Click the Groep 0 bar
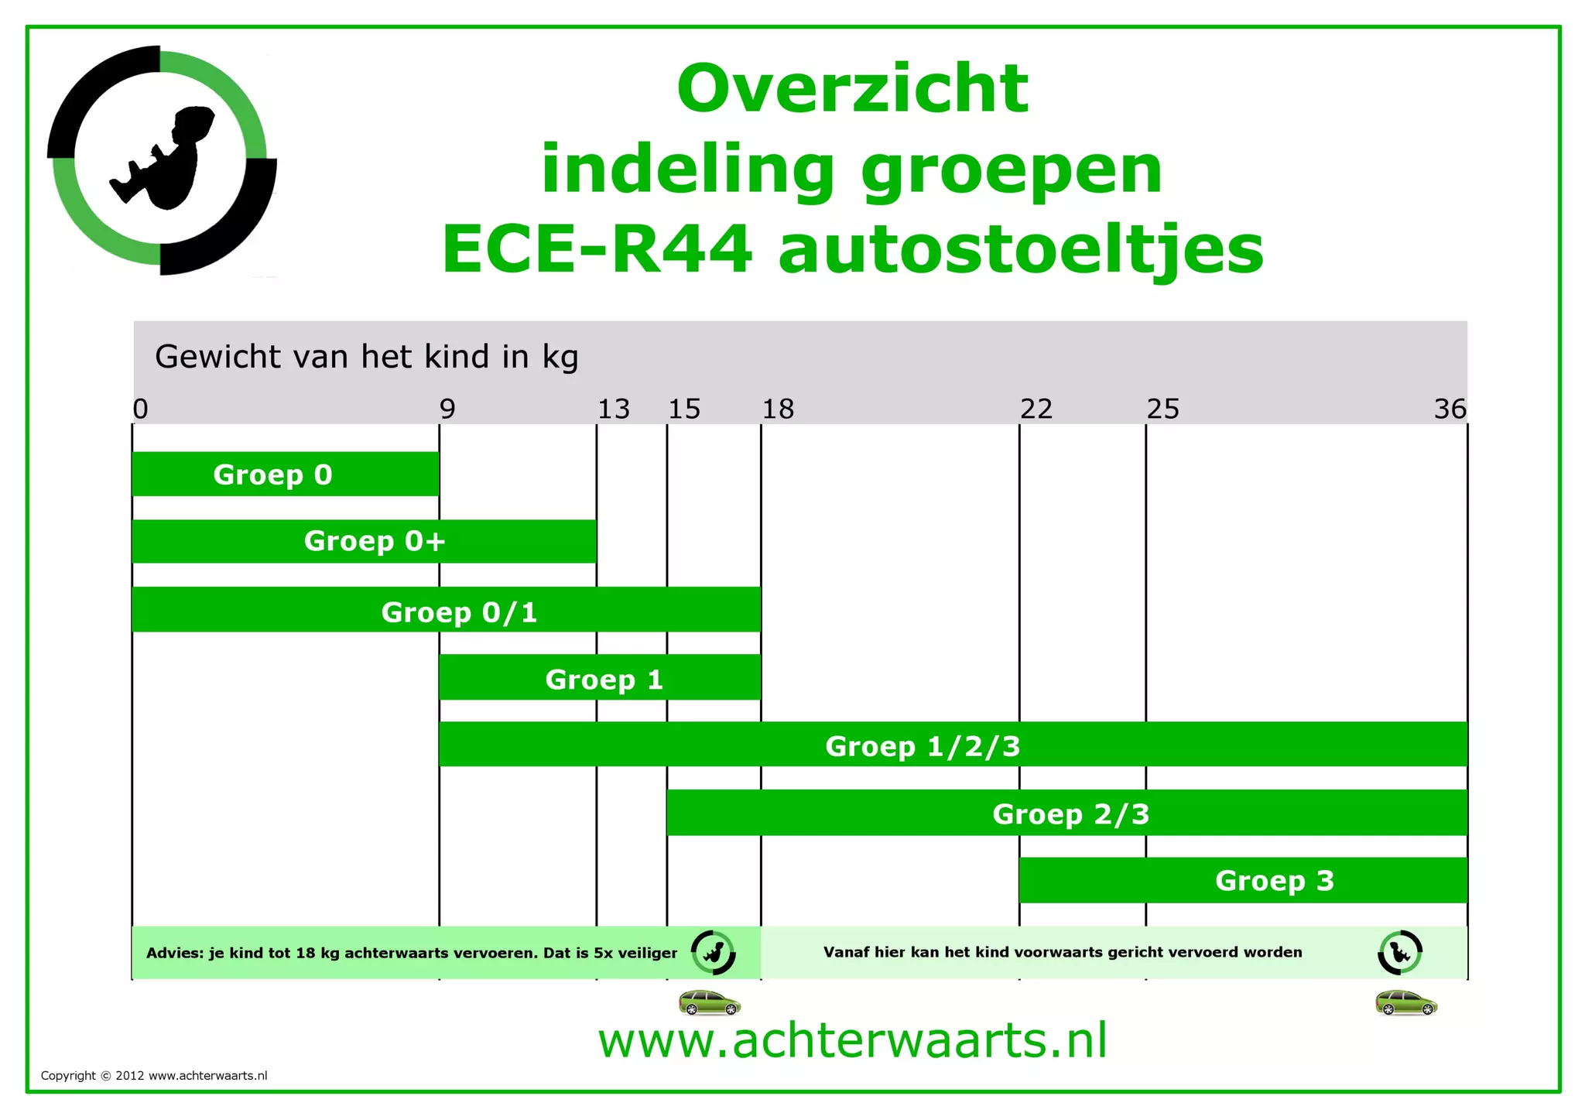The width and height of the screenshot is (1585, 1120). pyautogui.click(x=285, y=474)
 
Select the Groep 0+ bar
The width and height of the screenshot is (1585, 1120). pyautogui.click(x=364, y=541)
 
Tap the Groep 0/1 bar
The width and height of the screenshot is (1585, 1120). pyautogui.click(x=446, y=609)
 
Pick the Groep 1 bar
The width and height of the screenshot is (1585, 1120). pyautogui.click(x=600, y=677)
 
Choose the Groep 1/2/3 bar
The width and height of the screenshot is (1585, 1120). pyautogui.click(x=952, y=745)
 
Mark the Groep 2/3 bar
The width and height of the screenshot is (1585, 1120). pyautogui.click(x=1066, y=813)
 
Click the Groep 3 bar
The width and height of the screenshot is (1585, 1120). pyautogui.click(x=1243, y=880)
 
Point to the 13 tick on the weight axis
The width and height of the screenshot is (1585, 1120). pyautogui.click(x=614, y=409)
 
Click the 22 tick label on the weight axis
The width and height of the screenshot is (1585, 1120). pyautogui.click(x=1036, y=409)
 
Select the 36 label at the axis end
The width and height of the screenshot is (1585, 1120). pyautogui.click(x=1450, y=409)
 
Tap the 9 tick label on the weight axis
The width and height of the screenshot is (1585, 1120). pyautogui.click(x=447, y=409)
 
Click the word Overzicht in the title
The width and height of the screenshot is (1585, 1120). pyautogui.click(x=852, y=88)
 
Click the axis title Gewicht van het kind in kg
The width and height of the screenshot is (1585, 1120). pyautogui.click(x=367, y=357)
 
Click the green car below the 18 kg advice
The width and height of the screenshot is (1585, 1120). pyautogui.click(x=710, y=1002)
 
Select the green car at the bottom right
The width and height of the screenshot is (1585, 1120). pyautogui.click(x=1406, y=1002)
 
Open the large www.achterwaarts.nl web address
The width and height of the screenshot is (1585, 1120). pyautogui.click(x=852, y=1040)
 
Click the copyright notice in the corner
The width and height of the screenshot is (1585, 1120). pyautogui.click(x=154, y=1075)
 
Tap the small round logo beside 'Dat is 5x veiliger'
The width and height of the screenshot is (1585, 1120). pyautogui.click(x=713, y=952)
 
